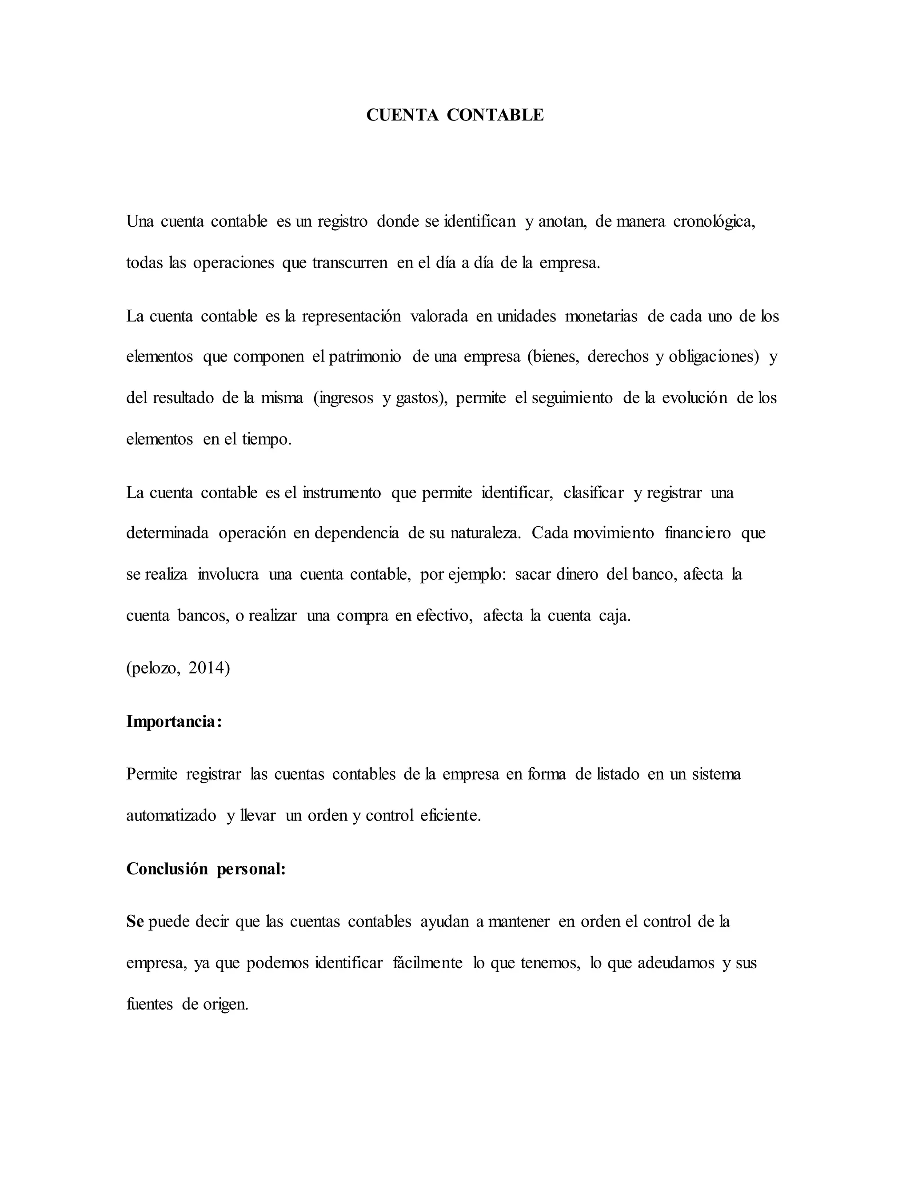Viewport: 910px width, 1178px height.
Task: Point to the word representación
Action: [x=351, y=316]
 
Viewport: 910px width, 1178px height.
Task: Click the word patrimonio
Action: [x=364, y=357]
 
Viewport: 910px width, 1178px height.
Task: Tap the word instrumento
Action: [x=341, y=493]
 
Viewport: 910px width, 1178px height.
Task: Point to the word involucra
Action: [x=228, y=574]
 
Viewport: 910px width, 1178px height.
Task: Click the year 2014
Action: [x=209, y=668]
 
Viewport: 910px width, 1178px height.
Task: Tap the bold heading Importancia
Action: [x=174, y=721]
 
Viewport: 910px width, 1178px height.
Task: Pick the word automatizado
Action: [x=171, y=816]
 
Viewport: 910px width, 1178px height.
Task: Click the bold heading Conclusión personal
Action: [x=205, y=869]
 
